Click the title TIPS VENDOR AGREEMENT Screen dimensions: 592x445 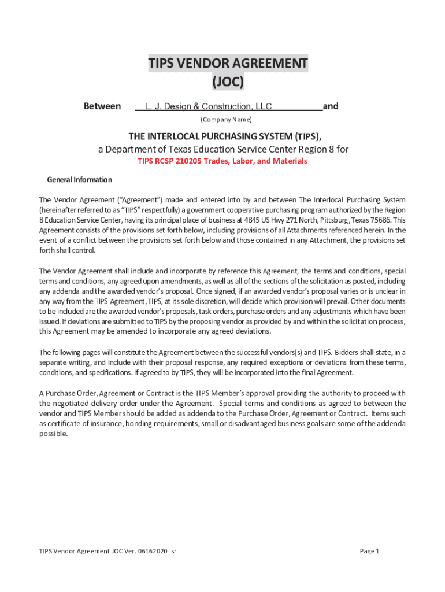(x=228, y=63)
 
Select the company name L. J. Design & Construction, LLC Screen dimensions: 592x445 (x=208, y=106)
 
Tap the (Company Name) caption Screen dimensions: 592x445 (x=226, y=120)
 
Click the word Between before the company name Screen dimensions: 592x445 (x=102, y=106)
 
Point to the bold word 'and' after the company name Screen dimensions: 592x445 (x=331, y=106)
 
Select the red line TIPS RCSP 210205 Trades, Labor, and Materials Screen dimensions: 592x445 (x=222, y=161)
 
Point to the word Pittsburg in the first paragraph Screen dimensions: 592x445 (x=335, y=220)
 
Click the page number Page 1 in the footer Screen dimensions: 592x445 (x=369, y=551)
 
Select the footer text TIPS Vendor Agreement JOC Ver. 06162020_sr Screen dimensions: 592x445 (x=107, y=551)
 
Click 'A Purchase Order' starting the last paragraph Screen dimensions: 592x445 (x=65, y=393)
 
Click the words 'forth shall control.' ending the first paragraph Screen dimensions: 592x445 (x=67, y=251)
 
